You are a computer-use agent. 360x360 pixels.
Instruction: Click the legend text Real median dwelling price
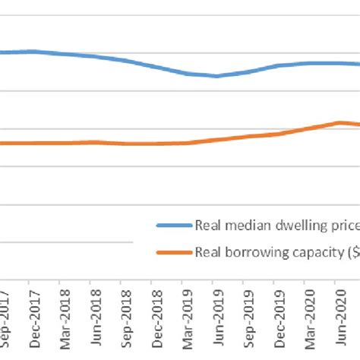(x=277, y=225)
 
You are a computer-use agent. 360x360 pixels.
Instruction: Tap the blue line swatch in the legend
(x=174, y=225)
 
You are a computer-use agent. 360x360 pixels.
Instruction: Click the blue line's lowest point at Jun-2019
(x=216, y=76)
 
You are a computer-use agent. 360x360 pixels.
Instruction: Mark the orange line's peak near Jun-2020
(x=339, y=122)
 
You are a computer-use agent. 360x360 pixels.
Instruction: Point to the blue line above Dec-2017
(x=30, y=52)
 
